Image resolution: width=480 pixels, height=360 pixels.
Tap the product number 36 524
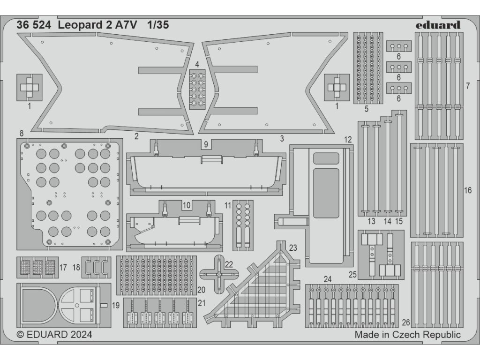pos(34,26)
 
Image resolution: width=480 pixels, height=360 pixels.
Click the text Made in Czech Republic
pos(407,335)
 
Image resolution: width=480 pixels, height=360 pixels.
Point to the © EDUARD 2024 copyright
pos(54,335)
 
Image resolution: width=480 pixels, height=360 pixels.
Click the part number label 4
pos(197,64)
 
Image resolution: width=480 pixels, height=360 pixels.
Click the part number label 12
pos(347,140)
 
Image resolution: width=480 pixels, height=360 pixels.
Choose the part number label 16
pos(467,190)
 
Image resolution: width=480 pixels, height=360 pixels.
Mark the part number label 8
pos(22,133)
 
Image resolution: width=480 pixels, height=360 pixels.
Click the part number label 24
pos(328,279)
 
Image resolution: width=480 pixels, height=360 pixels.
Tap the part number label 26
pos(406,322)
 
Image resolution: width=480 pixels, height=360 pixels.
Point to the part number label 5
pos(366,109)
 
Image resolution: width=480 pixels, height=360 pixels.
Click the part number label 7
pos(468,86)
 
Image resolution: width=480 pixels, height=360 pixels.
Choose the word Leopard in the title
pos(78,26)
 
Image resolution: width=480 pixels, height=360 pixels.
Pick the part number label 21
pos(202,303)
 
